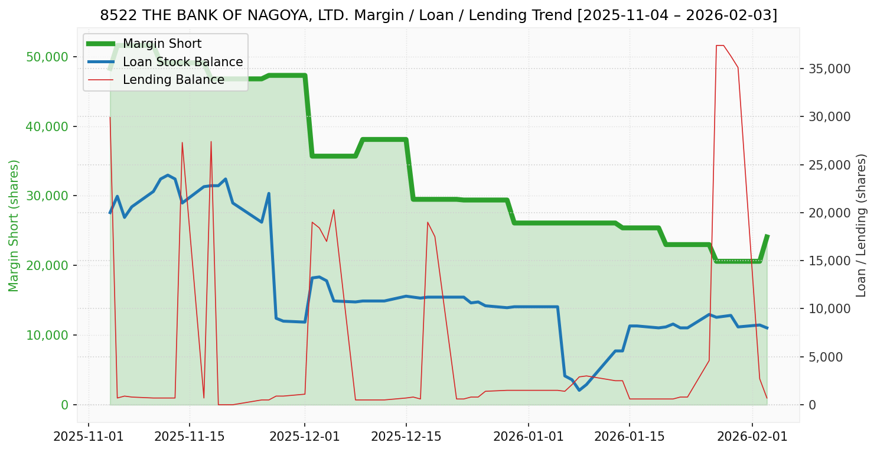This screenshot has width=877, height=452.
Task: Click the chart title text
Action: (438, 15)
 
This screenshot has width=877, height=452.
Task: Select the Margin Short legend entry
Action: (162, 44)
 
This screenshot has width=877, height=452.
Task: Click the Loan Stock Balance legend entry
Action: (182, 62)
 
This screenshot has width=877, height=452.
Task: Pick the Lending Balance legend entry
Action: (173, 80)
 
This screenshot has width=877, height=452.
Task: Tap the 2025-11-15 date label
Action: (190, 437)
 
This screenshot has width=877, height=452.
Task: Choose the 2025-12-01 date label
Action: (305, 437)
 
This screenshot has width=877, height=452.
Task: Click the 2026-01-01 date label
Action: (528, 437)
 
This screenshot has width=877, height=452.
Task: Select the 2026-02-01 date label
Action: (752, 437)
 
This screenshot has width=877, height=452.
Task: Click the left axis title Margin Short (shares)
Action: (14, 225)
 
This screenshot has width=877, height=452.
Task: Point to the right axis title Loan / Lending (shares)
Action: (862, 225)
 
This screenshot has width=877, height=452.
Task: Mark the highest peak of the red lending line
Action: (719, 45)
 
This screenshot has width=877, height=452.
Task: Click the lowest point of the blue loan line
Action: (579, 390)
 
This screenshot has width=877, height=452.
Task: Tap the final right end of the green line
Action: (767, 236)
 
